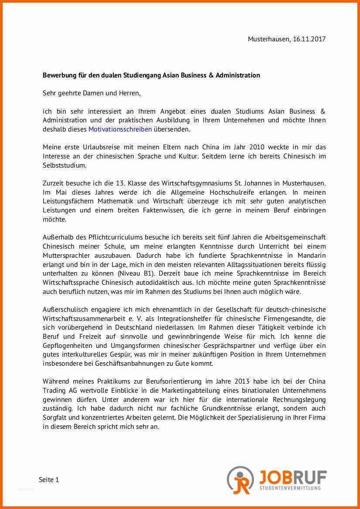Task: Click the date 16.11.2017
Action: point(309,39)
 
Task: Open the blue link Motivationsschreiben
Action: point(120,129)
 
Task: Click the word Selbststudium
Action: point(65,165)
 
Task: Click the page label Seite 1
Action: point(49,480)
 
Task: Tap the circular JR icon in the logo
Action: point(240,480)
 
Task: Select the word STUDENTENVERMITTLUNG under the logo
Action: point(290,488)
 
